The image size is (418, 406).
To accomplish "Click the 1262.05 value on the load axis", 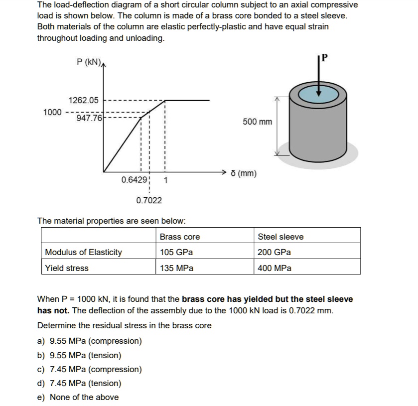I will pos(83,100).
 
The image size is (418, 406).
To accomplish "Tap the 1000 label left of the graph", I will pos(53,112).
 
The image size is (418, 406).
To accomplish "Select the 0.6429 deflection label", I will pos(134,180).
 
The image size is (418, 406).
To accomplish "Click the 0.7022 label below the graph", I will pos(148,200).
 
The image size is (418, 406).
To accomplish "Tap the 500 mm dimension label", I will pos(258,122).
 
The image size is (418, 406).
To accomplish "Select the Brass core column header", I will pos(180,237).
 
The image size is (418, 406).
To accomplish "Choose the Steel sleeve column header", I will pos(280,237).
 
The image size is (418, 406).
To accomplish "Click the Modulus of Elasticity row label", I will pos(83,252).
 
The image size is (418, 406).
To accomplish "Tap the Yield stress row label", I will pos(67,268).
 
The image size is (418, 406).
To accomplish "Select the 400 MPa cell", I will pos(275,268).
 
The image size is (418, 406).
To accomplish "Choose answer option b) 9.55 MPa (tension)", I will pos(79,355).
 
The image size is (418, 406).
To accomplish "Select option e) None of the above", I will pos(78,397).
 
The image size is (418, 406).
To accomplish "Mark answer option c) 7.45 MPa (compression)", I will pos(90,369).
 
